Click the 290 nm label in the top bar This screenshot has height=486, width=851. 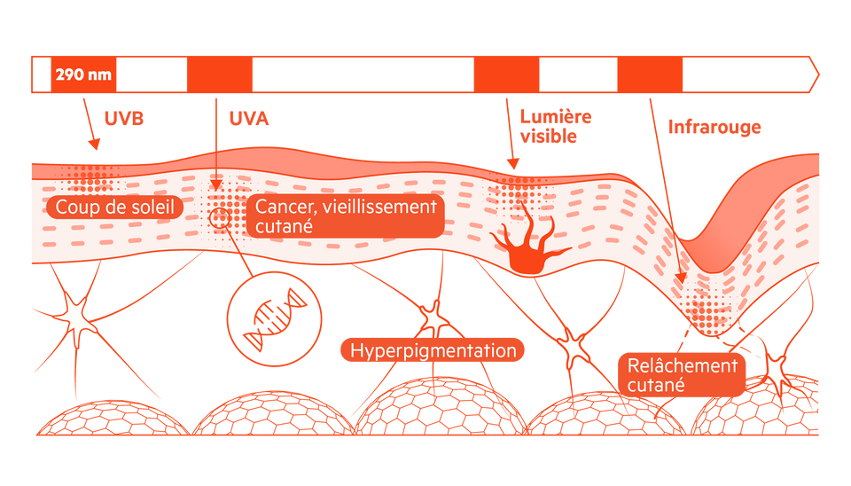pos(83,74)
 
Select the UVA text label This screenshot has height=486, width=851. pos(248,118)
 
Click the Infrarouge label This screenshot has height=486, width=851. pos(714,126)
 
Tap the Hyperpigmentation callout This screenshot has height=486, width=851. pos(433,350)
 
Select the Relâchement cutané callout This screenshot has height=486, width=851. pos(682,375)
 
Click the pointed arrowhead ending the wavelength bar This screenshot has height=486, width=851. pos(812,74)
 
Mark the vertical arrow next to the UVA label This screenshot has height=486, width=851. pos(215,142)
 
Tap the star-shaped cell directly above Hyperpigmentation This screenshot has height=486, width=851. pos(433,317)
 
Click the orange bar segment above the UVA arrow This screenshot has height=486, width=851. pos(220,74)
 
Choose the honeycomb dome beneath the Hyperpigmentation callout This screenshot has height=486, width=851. pos(433,407)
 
